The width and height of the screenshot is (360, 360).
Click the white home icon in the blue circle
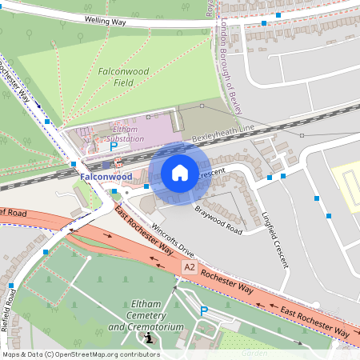tap(180, 173)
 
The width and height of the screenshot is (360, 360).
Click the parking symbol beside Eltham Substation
tap(114, 146)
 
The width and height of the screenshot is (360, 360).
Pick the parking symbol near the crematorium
tap(203, 310)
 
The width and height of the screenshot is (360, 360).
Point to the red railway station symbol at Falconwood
tap(118, 162)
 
